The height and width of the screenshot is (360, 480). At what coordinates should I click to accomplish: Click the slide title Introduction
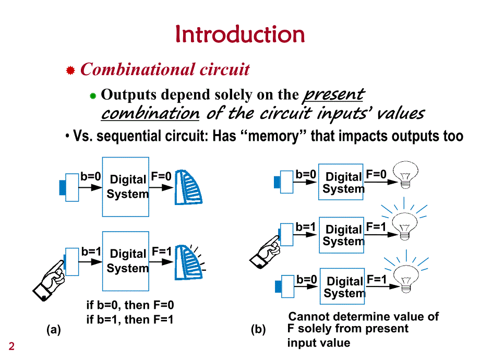(240, 34)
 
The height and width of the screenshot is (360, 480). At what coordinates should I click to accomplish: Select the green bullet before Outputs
(93, 95)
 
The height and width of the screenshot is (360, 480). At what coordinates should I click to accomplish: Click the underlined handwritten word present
(333, 95)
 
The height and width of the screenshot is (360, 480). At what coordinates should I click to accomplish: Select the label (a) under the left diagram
(54, 330)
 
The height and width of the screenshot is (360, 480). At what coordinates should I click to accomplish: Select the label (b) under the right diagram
(258, 330)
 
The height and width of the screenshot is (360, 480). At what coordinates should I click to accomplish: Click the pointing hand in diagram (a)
(50, 279)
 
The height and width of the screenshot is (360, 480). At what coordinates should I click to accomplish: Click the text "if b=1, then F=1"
(130, 319)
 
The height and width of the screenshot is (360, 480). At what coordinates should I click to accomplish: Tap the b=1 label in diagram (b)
(306, 227)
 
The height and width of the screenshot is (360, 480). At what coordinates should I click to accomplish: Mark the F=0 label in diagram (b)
(376, 174)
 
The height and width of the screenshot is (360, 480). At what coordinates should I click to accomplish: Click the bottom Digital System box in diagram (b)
(342, 285)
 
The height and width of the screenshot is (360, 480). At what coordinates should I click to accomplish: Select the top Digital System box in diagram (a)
(126, 186)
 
